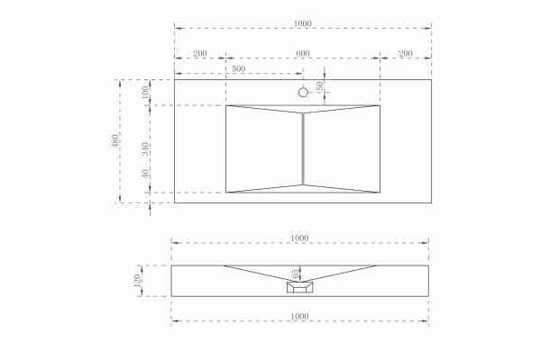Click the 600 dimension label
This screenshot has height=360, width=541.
click(x=303, y=54)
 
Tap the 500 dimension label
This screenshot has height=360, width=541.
click(x=238, y=69)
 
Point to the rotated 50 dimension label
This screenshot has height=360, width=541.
click(x=320, y=85)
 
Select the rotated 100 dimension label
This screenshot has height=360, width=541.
click(x=145, y=92)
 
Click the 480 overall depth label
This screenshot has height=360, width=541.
click(x=115, y=140)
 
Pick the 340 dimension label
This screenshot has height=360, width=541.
click(x=145, y=148)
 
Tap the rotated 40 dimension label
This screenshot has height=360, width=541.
click(x=145, y=174)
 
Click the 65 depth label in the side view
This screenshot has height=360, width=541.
click(x=296, y=274)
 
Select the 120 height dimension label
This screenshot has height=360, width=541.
click(x=137, y=281)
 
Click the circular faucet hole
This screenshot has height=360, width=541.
click(x=303, y=93)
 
